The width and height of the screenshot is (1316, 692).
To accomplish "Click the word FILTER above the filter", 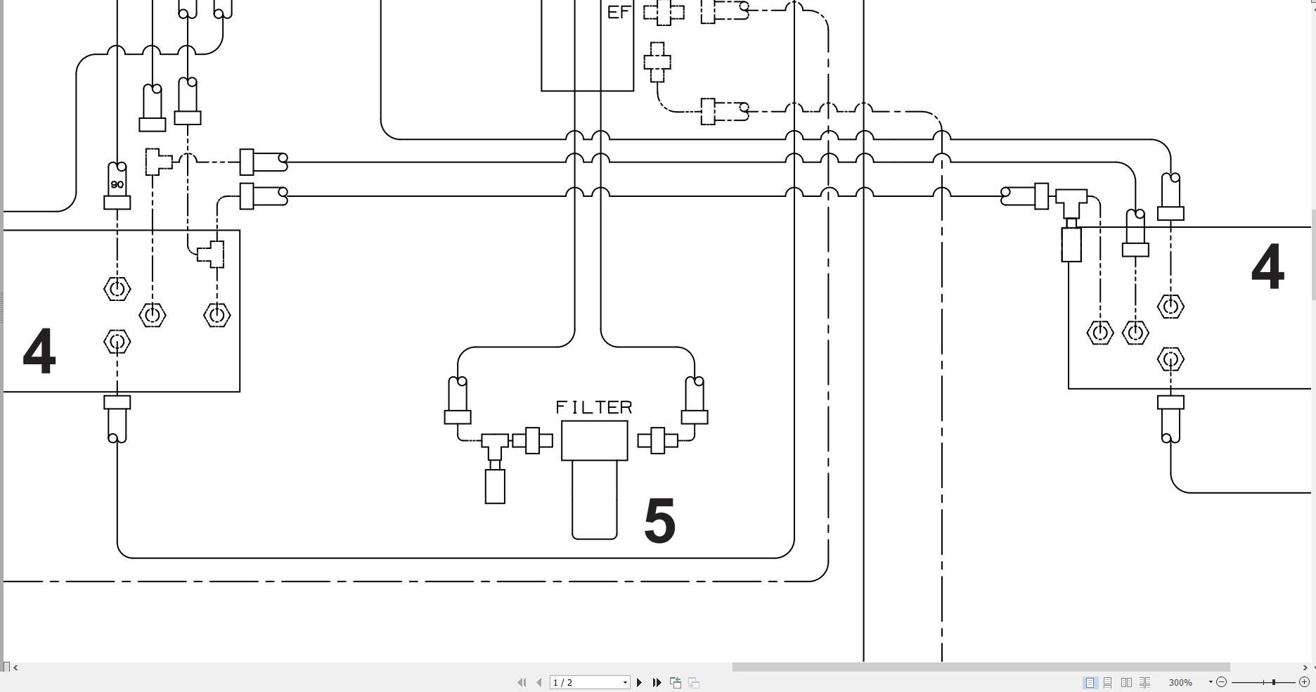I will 594,408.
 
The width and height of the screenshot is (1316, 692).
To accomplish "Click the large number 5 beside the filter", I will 659,521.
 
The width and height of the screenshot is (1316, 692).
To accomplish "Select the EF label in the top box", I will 618,13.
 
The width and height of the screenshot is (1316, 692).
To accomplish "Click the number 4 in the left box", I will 39,352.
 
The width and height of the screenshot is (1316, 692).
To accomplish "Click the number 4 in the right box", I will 1267,268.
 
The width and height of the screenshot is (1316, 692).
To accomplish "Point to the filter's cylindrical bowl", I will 594,500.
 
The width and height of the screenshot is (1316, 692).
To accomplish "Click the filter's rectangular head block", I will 594,441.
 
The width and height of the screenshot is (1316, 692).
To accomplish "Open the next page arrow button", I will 639,682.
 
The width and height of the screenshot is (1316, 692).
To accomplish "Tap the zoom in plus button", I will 1304,682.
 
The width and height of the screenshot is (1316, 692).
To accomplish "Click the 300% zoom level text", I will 1180,682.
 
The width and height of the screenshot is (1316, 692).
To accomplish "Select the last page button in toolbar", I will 657,682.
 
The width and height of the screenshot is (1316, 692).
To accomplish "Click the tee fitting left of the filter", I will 495,442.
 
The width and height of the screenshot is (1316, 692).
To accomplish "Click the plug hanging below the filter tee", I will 495,486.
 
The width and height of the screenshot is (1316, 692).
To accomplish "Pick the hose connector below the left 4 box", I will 117,420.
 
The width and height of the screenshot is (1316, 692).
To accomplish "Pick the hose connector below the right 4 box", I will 1170,420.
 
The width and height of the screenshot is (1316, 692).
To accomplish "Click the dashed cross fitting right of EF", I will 663,12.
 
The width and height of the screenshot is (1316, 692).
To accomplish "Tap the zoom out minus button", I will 1221,682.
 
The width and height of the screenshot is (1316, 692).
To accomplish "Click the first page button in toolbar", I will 522,682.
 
